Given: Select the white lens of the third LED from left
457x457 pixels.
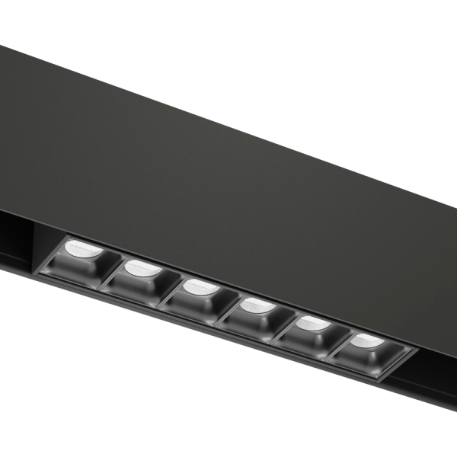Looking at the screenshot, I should [199, 287].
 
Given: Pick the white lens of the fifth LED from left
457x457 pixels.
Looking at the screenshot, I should [312, 324].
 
